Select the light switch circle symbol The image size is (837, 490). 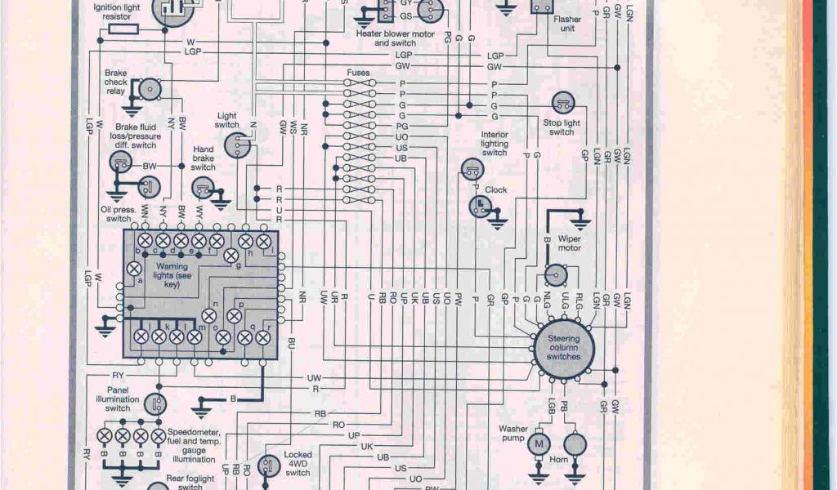239,145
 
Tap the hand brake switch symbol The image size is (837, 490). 203,188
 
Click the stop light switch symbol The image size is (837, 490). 562,103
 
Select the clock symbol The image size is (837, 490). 480,207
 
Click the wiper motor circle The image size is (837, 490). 557,274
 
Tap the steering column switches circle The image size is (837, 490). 564,348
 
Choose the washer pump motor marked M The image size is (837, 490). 538,443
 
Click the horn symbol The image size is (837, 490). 575,443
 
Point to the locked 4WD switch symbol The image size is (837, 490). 267,465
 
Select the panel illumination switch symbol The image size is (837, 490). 155,403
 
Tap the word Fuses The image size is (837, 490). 358,73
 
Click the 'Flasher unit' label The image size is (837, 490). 567,24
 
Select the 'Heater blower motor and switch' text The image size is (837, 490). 395,38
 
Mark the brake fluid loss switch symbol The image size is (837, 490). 121,162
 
